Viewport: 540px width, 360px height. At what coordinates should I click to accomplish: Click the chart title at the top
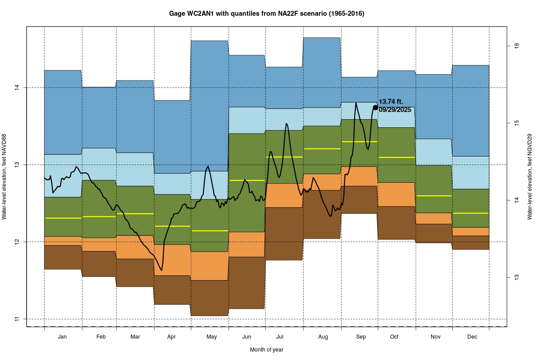tap(266, 14)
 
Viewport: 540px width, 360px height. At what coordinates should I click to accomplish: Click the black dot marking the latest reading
tap(375, 107)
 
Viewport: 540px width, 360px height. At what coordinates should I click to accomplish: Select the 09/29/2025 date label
tap(395, 109)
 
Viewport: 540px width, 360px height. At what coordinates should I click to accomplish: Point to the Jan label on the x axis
tap(63, 337)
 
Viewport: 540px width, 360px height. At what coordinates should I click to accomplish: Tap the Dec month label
tap(472, 337)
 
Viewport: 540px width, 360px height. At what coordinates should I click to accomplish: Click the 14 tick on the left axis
tap(18, 87)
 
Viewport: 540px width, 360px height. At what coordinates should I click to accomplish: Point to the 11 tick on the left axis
tap(18, 319)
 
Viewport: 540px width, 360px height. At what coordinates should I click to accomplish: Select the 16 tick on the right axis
tap(517, 45)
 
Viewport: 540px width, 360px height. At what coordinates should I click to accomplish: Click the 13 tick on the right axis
tap(517, 277)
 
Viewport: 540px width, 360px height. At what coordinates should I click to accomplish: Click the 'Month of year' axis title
tap(266, 349)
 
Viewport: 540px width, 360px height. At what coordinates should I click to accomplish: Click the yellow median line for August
tap(322, 148)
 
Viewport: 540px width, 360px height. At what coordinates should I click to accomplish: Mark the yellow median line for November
tap(433, 196)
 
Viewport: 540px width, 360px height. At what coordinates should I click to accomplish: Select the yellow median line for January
tap(63, 218)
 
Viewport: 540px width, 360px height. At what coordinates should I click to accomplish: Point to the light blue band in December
tap(470, 172)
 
